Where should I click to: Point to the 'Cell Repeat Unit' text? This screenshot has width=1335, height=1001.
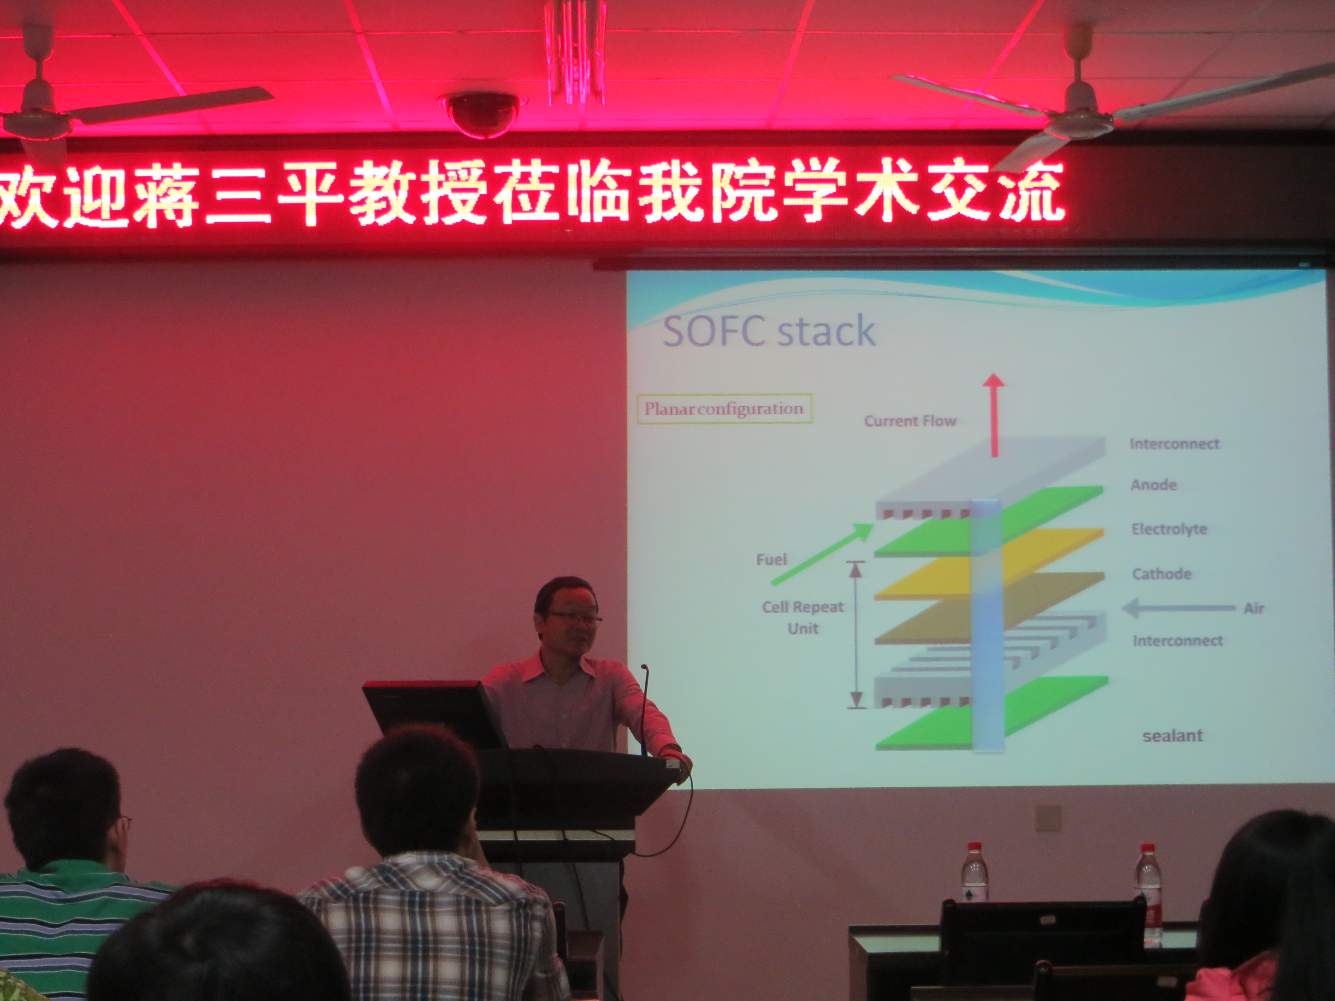coord(803,617)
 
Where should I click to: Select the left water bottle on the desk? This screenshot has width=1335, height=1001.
coord(975,874)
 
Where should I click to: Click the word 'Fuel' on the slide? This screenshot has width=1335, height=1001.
coord(771,559)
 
